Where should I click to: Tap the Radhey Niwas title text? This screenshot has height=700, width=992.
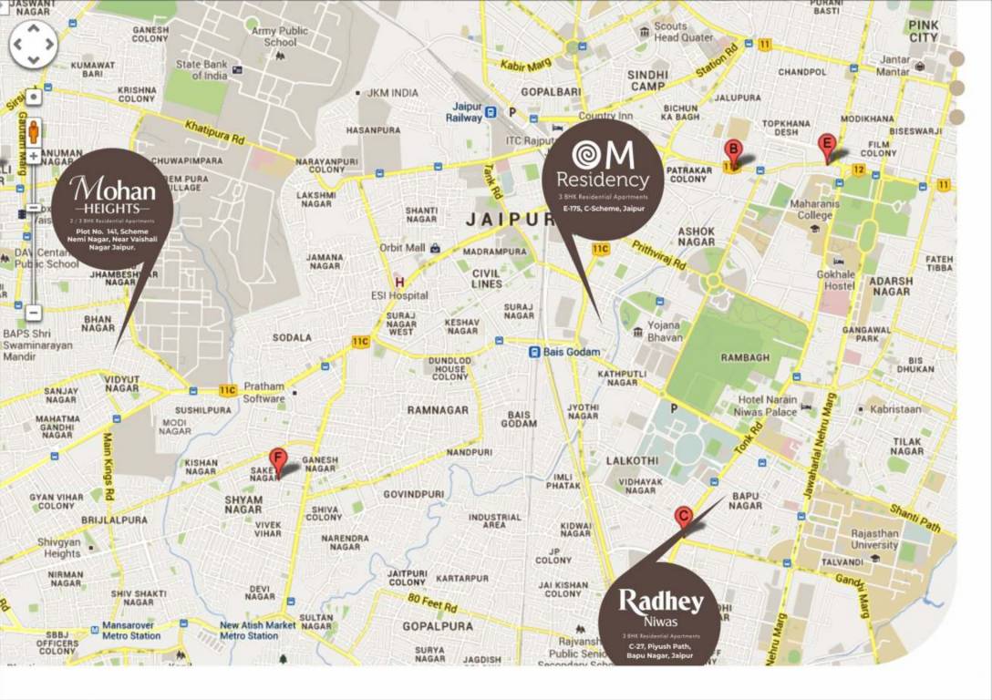click(x=660, y=602)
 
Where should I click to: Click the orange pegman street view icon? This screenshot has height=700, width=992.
click(x=34, y=130)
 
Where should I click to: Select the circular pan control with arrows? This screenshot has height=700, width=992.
click(x=34, y=44)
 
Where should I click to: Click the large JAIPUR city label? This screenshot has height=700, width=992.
click(x=510, y=220)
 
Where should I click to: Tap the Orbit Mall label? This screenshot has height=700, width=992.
click(x=403, y=248)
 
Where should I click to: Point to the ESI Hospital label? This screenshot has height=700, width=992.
click(x=400, y=295)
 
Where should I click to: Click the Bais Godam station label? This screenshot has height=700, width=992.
click(x=571, y=352)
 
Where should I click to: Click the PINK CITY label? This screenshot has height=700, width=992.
click(x=923, y=30)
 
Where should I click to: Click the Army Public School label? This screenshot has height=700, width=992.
click(x=280, y=36)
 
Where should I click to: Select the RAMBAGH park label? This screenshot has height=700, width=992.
click(x=745, y=358)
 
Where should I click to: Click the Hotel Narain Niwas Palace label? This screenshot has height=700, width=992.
click(x=768, y=406)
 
